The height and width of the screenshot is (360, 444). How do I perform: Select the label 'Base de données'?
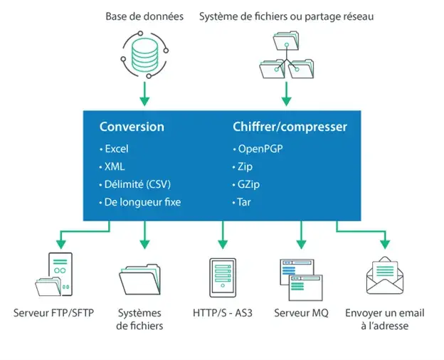point(144,16)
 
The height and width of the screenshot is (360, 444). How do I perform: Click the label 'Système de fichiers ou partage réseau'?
point(286,16)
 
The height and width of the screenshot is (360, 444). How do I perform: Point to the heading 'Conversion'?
point(132,127)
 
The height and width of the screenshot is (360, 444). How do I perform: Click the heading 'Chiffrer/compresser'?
point(290,127)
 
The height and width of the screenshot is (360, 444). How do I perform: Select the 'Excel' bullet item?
point(116,149)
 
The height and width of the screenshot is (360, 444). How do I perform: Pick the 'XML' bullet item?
point(114,166)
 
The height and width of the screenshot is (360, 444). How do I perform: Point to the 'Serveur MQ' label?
point(301,313)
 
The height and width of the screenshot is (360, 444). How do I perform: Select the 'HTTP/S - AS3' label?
point(222,313)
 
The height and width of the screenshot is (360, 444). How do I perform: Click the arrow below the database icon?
point(144,92)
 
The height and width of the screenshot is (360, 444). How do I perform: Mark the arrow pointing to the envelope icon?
point(385,240)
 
